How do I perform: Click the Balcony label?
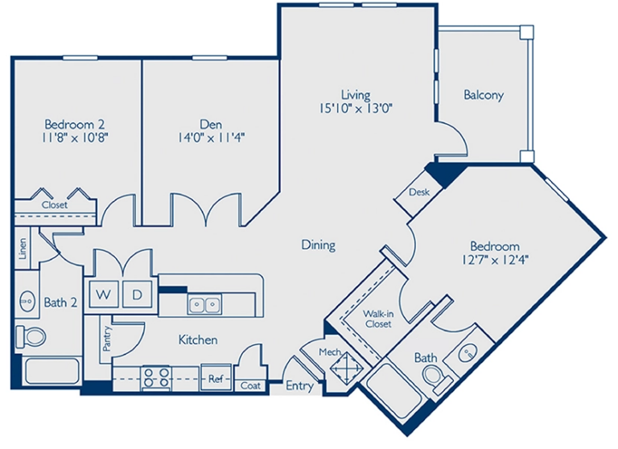click(484, 95)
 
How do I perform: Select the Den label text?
click(211, 124)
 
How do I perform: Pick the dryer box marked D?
click(137, 295)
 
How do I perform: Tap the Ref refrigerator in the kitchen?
click(215, 377)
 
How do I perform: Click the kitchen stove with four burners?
click(155, 377)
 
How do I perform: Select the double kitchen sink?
click(204, 305)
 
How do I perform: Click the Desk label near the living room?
click(418, 193)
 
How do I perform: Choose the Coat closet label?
click(251, 386)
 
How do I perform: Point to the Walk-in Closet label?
click(377, 319)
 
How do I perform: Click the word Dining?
click(318, 245)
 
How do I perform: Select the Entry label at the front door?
click(299, 386)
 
